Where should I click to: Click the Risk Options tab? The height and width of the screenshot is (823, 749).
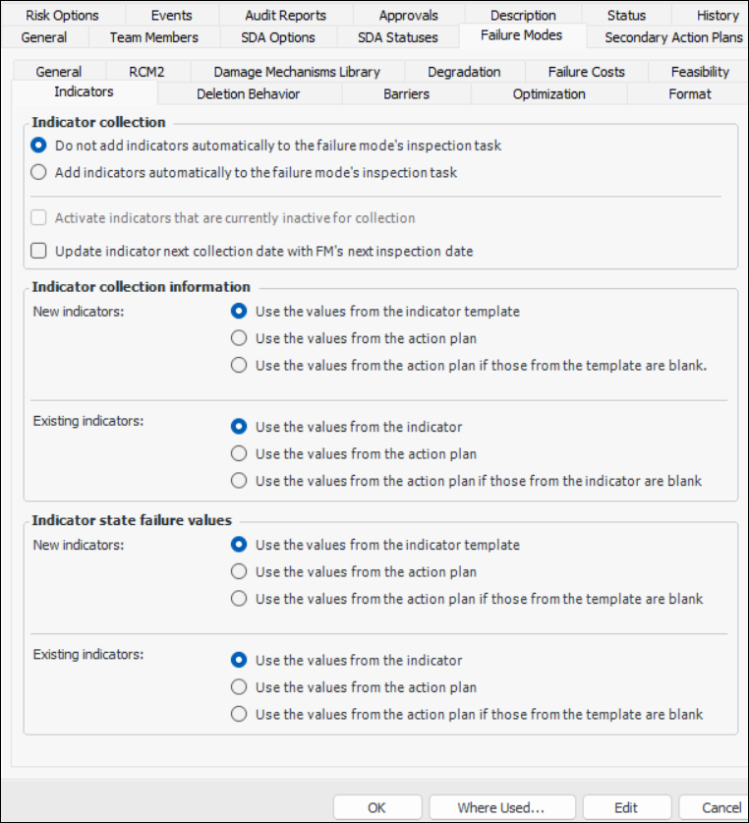coord(62,15)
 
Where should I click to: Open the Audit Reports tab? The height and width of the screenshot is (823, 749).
coord(286,15)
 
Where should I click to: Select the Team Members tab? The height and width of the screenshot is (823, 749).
coord(153,37)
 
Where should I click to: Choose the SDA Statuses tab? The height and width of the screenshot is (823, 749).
coord(397,37)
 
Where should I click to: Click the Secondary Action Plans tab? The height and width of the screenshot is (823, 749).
coord(672,37)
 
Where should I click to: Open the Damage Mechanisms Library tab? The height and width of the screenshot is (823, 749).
coord(296,72)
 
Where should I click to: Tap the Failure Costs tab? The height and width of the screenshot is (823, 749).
coord(586,72)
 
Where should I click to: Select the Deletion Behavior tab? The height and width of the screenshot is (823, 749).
coord(248,93)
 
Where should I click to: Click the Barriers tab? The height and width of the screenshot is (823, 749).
coord(407,93)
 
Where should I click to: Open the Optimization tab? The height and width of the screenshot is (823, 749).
coord(548,93)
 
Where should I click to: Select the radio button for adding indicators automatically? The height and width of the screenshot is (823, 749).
coord(39,172)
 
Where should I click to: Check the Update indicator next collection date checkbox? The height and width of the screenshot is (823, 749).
coord(39,251)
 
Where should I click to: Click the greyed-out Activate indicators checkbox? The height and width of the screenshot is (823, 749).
coord(39,217)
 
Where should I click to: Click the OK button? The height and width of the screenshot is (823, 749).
coord(376,807)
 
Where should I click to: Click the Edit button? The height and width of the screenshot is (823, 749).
coord(626,807)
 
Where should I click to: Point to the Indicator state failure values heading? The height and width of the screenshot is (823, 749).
coord(132,520)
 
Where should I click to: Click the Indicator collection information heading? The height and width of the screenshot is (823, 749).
coord(141,286)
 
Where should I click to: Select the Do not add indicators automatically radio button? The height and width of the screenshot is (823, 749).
coord(39,145)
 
